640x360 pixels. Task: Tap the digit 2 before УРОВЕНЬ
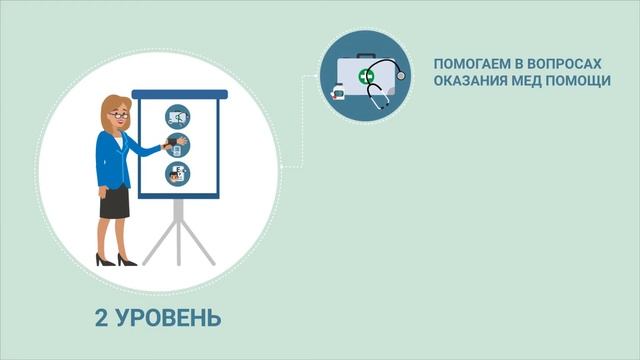[x=101, y=319]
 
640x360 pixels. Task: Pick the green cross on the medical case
[x=366, y=76]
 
